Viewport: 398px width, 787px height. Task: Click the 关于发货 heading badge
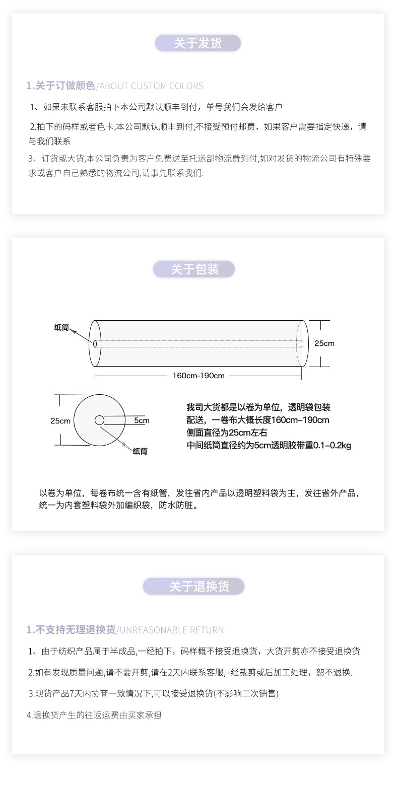(x=197, y=43)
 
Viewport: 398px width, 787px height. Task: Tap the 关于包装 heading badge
(x=194, y=269)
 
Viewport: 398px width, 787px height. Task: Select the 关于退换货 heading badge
(x=193, y=587)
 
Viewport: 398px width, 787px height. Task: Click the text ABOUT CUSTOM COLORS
(x=152, y=86)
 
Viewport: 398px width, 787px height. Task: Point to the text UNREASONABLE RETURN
(x=172, y=630)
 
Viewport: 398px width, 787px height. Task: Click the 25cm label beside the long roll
(x=324, y=343)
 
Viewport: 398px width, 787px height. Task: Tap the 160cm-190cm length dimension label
(x=198, y=376)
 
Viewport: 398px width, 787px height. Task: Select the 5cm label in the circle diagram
(x=142, y=420)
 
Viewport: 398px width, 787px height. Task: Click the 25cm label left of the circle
(x=60, y=421)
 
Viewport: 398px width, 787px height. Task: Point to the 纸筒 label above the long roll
(x=61, y=327)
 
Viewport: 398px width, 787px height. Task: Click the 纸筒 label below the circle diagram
(x=140, y=451)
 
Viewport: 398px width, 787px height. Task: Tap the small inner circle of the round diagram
(x=100, y=420)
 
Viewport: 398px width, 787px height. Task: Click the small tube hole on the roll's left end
(x=95, y=343)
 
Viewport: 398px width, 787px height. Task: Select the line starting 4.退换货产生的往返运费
(x=94, y=715)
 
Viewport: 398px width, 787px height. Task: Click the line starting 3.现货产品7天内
(x=153, y=693)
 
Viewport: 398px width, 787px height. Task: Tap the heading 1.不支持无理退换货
(x=71, y=629)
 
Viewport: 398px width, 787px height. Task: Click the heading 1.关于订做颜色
(x=61, y=86)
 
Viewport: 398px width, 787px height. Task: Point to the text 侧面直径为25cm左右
(x=227, y=433)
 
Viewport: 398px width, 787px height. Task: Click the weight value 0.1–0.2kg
(x=332, y=446)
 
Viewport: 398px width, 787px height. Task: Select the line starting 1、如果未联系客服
(x=156, y=107)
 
